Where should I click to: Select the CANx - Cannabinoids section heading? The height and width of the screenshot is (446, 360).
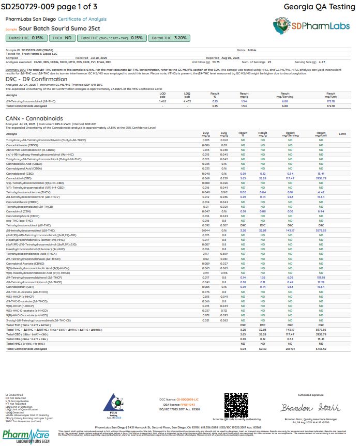tap(31, 118)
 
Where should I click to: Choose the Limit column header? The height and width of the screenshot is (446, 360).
tap(342, 134)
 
